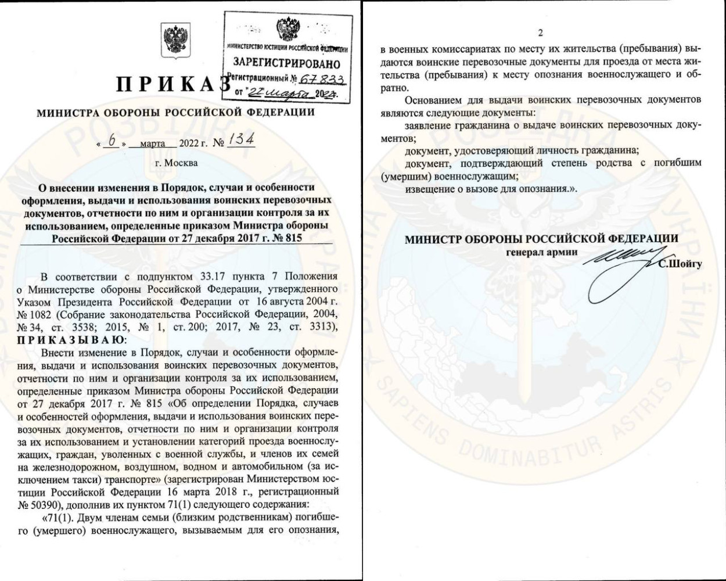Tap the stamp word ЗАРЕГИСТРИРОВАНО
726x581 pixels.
point(286,62)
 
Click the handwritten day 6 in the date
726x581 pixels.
point(112,142)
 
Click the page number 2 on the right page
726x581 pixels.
point(540,33)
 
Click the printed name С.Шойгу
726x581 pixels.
point(680,264)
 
